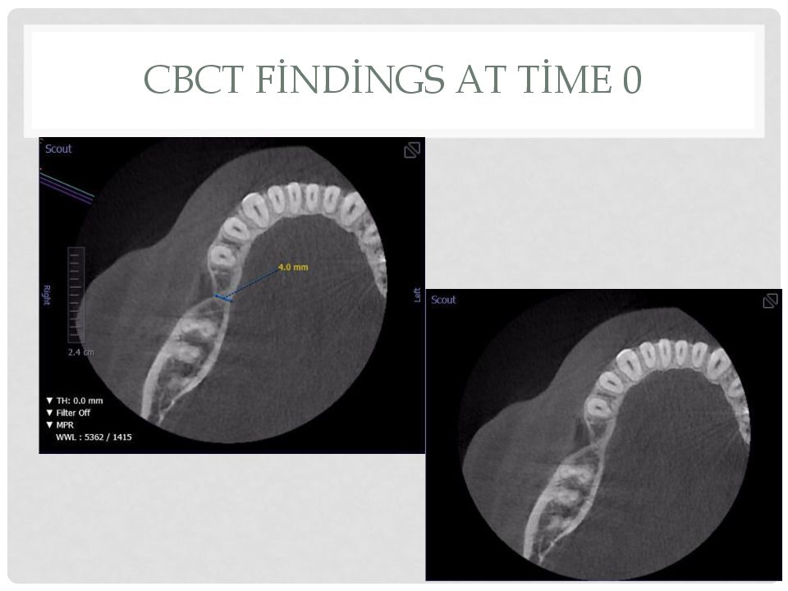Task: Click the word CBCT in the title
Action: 194,79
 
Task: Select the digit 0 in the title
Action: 632,80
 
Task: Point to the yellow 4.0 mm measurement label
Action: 293,267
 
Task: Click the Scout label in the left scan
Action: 58,149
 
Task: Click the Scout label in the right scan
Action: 443,300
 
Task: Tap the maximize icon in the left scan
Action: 412,149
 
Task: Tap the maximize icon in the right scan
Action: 771,300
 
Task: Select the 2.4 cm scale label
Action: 81,352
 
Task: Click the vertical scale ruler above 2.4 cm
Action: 76,295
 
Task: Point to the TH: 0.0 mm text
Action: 75,401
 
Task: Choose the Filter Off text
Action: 68,413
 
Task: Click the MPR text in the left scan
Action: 60,424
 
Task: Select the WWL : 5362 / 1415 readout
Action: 94,437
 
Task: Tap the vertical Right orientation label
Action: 46,295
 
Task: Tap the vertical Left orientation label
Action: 417,295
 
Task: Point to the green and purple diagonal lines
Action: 66,187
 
